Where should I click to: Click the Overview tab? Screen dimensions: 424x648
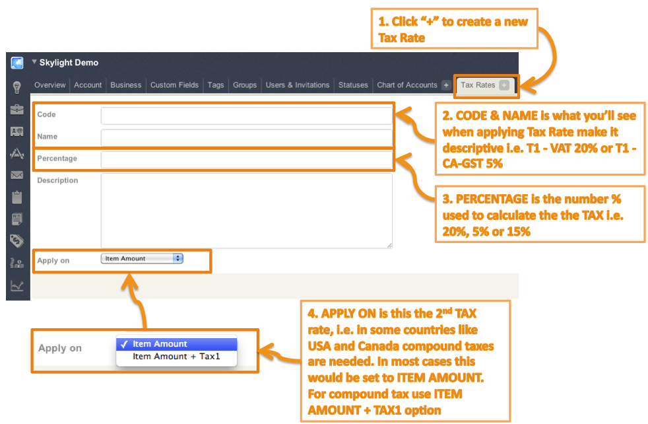coord(50,85)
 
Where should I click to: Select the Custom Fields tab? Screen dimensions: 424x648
coord(174,85)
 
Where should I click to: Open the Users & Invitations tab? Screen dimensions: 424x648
coord(297,85)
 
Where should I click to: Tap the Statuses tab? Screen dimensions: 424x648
coord(353,85)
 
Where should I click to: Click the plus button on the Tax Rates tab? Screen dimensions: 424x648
coord(504,85)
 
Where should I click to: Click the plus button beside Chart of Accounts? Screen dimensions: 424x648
coord(446,85)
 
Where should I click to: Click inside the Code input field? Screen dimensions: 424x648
coord(246,116)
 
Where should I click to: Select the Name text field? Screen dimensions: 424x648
coord(246,137)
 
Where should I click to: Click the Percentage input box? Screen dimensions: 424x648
coord(246,159)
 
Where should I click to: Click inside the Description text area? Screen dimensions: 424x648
coord(246,210)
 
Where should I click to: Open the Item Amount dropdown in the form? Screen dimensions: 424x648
coord(142,259)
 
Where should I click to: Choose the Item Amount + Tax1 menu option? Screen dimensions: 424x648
coord(176,357)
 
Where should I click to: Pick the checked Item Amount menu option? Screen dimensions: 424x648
coord(176,344)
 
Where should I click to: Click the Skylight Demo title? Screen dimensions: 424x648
coord(69,63)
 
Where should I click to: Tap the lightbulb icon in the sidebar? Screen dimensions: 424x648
coord(17,87)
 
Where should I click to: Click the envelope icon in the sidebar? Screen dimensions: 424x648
coord(17,175)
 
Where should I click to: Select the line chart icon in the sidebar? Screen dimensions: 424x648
coord(17,285)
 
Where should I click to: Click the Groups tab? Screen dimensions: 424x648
coord(245,85)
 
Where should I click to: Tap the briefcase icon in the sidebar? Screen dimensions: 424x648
coord(17,109)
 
